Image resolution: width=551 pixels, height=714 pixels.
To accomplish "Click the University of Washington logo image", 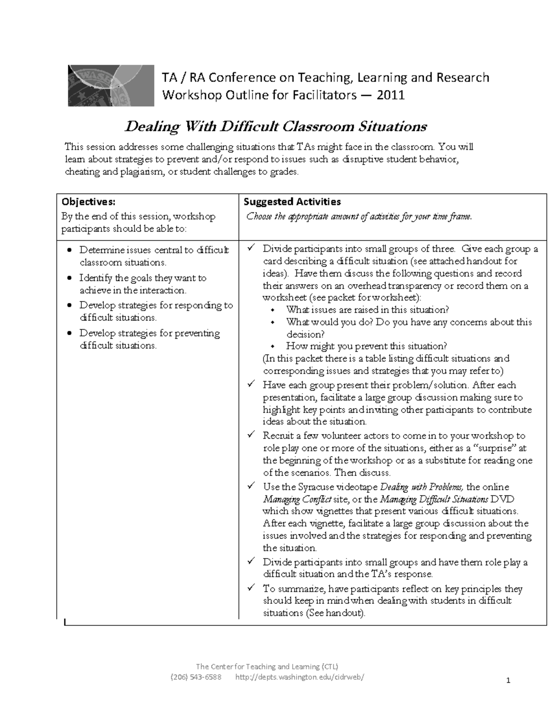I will click(111, 86).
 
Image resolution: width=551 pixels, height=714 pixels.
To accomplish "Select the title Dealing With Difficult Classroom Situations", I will click(276, 126).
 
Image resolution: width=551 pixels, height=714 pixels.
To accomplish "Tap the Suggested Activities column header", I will click(292, 201).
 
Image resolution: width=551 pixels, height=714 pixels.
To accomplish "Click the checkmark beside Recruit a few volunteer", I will click(251, 434).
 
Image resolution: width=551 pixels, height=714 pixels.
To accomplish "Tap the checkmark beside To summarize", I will click(251, 588).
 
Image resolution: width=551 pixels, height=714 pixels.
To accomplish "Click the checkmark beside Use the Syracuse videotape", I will click(251, 486).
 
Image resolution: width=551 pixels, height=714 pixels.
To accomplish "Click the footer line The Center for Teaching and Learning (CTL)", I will click(267, 666).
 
